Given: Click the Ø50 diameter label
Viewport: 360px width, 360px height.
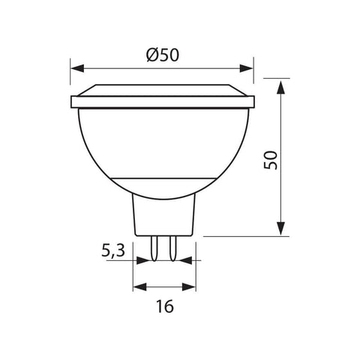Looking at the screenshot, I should coord(163,55).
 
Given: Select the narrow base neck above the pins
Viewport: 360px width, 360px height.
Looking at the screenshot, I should coord(163,214).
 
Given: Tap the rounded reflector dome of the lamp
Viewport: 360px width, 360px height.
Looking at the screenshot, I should coord(163,146).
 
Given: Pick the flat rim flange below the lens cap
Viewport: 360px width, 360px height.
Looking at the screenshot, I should coord(163,102).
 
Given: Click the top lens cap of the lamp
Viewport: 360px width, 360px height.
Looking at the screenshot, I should coord(163,89).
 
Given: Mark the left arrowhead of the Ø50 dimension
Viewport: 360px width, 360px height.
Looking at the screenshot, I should coord(76,66).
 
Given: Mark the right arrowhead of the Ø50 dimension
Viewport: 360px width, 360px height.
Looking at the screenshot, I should coord(250,66).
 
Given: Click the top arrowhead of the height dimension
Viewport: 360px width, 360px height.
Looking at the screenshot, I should coord(280,86).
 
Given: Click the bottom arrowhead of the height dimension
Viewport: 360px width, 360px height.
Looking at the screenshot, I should coord(280,228).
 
